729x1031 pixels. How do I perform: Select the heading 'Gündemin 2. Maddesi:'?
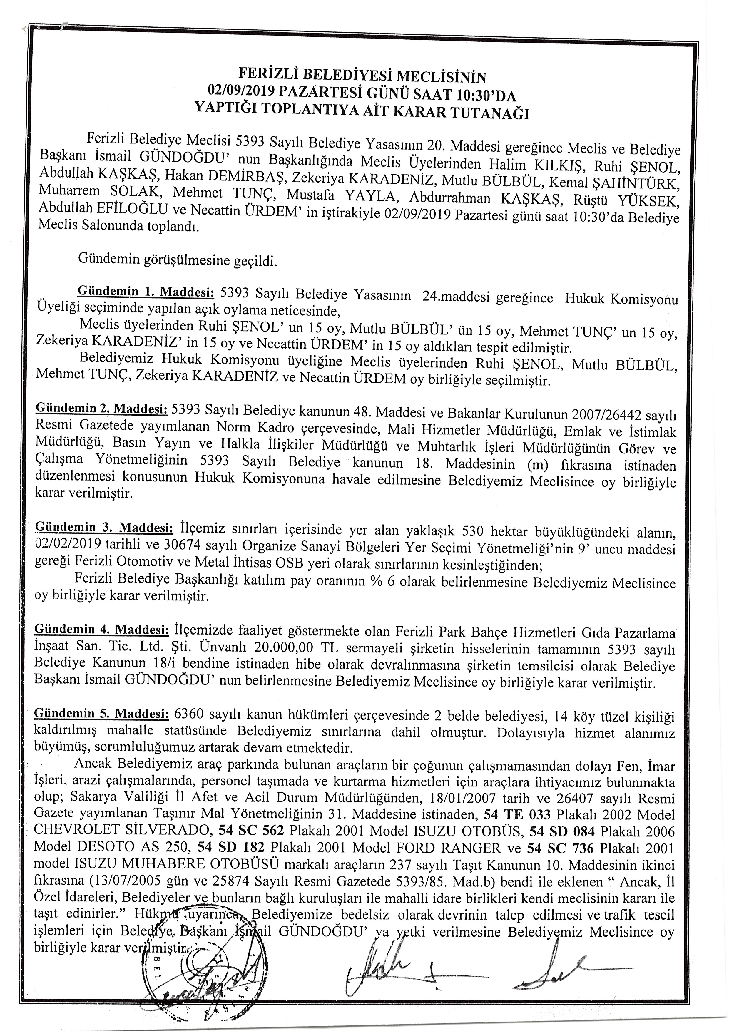coord(101,409)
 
